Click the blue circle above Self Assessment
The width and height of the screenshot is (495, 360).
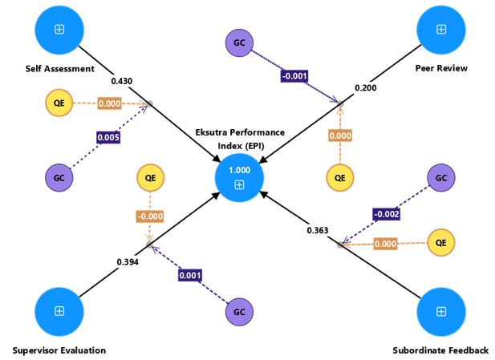(x=59, y=29)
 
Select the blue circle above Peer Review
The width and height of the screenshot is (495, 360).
(x=440, y=29)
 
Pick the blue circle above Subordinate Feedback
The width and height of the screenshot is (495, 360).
(x=440, y=310)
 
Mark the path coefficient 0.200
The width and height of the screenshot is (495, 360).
(x=365, y=87)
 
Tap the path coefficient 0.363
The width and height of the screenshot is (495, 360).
(x=318, y=231)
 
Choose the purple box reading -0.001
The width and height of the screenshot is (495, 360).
(x=294, y=76)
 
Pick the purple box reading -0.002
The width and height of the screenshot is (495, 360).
(x=386, y=213)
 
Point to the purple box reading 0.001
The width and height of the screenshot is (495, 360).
(x=189, y=275)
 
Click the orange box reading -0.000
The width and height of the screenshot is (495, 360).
(x=148, y=216)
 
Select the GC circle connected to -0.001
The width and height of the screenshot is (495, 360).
(x=239, y=42)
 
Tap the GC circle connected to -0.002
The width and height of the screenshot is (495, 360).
(x=440, y=178)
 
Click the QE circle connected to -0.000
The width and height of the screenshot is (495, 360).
(x=149, y=177)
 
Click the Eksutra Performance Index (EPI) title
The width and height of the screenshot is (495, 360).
(x=240, y=139)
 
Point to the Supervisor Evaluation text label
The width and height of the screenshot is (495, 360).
(x=59, y=350)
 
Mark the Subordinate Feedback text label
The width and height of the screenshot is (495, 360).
(x=440, y=350)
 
